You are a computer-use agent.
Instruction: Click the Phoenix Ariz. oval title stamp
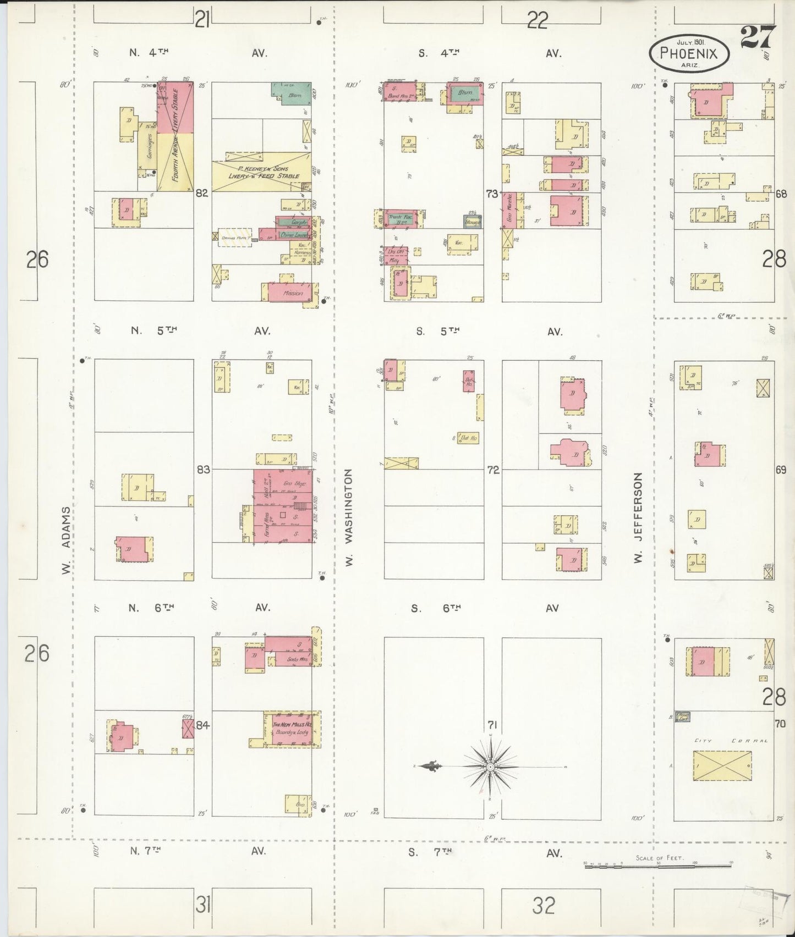tap(690, 53)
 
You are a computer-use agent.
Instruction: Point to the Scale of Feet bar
tap(658, 866)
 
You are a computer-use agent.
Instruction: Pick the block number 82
tap(202, 193)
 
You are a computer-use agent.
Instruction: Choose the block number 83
tap(204, 470)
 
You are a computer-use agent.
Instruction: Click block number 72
tap(493, 470)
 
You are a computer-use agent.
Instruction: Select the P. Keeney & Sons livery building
tap(261, 170)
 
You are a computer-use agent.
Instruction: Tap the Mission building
tap(291, 293)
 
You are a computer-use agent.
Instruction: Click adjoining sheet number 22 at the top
tap(538, 21)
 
